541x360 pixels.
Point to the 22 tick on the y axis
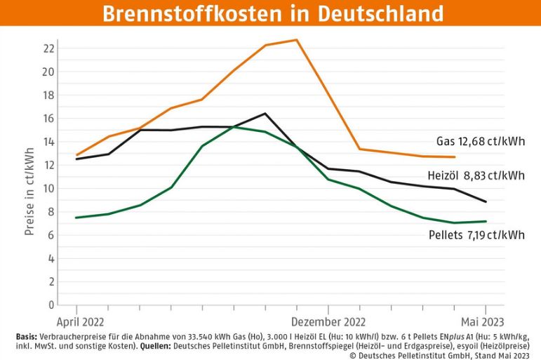pos(48,48)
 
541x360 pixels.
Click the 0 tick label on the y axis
pos(51,305)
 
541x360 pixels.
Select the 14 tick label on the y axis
pos(48,142)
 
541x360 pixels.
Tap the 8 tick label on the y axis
pos(51,211)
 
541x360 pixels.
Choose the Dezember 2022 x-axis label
pos(328,321)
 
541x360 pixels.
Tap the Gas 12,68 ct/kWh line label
pos(481,142)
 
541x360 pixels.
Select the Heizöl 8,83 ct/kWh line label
pos(476,175)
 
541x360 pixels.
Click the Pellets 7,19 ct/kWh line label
pos(476,234)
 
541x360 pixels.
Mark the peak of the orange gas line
pos(297,40)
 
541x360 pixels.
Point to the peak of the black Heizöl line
pos(265,114)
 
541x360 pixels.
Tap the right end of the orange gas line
pos(455,157)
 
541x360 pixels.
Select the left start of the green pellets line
pos(76,218)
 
